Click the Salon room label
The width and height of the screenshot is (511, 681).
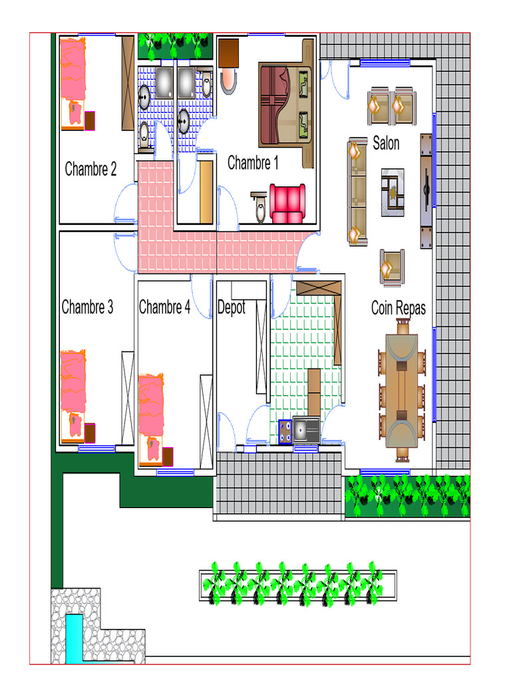click(386, 144)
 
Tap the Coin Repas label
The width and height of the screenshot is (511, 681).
click(399, 308)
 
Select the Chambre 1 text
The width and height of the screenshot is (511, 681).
click(253, 163)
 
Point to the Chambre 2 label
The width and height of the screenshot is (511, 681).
click(90, 169)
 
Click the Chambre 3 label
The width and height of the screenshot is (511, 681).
click(87, 307)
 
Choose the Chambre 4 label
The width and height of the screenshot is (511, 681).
click(165, 307)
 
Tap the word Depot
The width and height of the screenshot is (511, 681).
click(231, 307)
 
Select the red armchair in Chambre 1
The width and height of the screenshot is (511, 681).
click(287, 204)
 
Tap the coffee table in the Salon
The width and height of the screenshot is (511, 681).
click(393, 192)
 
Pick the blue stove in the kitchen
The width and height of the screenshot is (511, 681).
click(285, 432)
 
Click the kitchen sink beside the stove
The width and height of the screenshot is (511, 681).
click(306, 430)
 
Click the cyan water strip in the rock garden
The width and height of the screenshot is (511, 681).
click(75, 639)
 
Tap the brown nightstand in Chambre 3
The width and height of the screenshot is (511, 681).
click(90, 433)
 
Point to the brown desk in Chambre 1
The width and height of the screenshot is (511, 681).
click(229, 53)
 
